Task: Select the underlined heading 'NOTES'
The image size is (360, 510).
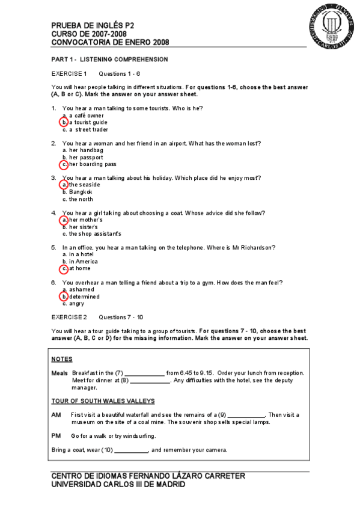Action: [62, 359]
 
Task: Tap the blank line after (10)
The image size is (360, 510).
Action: [131, 450]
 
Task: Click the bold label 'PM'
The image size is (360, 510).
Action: [56, 435]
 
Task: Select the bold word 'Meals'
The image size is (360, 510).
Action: [59, 373]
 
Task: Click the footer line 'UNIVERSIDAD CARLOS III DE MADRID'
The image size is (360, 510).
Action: [118, 484]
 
